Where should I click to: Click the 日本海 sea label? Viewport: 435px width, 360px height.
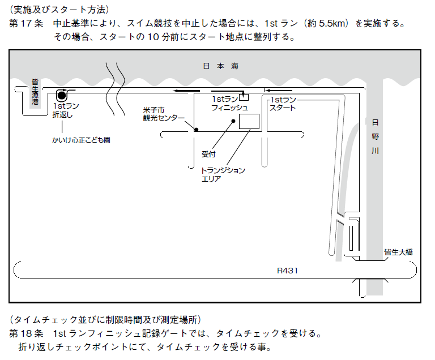click(220, 66)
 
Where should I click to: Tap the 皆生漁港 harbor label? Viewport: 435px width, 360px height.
click(35, 92)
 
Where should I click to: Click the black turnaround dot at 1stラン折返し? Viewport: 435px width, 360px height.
click(62, 96)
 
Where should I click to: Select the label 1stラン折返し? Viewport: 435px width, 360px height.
click(66, 110)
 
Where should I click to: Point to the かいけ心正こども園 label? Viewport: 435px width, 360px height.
click(81, 140)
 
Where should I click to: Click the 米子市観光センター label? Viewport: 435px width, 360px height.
click(164, 114)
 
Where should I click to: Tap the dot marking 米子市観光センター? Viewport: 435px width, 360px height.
click(196, 130)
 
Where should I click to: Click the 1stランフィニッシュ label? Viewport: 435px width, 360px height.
click(230, 104)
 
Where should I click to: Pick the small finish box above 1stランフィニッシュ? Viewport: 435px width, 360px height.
click(244, 97)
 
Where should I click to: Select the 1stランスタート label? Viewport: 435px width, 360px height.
click(283, 104)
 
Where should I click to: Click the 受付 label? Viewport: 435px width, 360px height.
click(208, 154)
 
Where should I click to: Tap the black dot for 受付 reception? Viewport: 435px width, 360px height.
click(233, 121)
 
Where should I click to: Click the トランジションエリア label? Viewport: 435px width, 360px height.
click(223, 174)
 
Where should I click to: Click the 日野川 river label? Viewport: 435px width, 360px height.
click(375, 137)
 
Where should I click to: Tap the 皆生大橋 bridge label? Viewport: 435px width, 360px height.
click(398, 252)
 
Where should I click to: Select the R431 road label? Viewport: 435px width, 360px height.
click(287, 271)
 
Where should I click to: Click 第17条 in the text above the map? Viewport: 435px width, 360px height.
click(27, 23)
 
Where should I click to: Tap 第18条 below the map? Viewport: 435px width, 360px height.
click(27, 333)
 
